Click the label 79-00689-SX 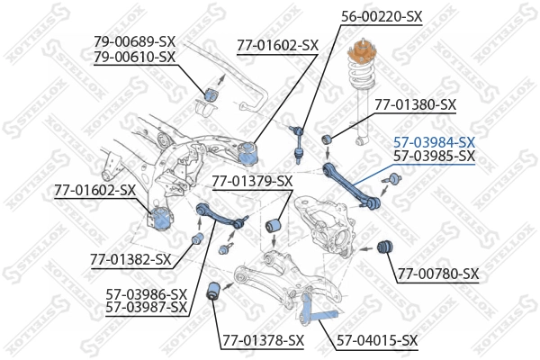135,41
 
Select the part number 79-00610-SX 135,56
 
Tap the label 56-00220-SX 382,15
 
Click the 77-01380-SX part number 416,104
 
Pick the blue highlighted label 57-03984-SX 434,142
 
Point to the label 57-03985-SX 434,157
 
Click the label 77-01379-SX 253,181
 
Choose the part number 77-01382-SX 130,259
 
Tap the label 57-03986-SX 147,294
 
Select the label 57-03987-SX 147,308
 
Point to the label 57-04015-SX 377,340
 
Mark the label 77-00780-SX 438,274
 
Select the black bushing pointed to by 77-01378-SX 214,291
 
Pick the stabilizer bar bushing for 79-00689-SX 213,91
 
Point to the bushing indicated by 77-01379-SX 278,224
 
